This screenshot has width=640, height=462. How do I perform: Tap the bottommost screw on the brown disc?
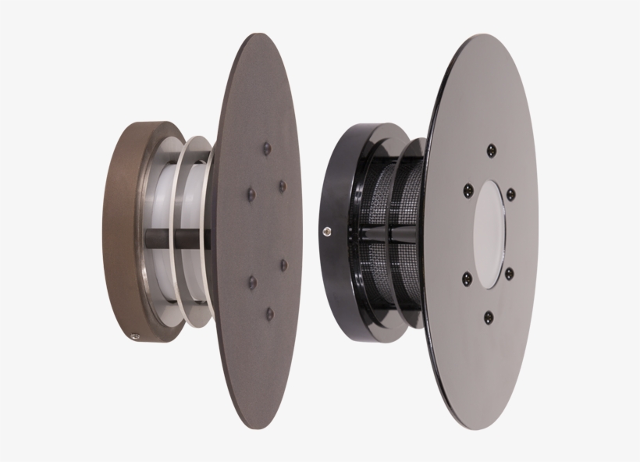click(269, 313)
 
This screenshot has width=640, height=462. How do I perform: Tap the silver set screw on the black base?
click(325, 229)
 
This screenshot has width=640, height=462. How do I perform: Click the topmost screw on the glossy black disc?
click(490, 150)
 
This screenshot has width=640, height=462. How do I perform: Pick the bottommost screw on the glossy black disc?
click(489, 316)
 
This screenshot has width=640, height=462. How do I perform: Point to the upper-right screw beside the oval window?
click(510, 193)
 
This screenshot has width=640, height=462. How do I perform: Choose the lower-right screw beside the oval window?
click(510, 272)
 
